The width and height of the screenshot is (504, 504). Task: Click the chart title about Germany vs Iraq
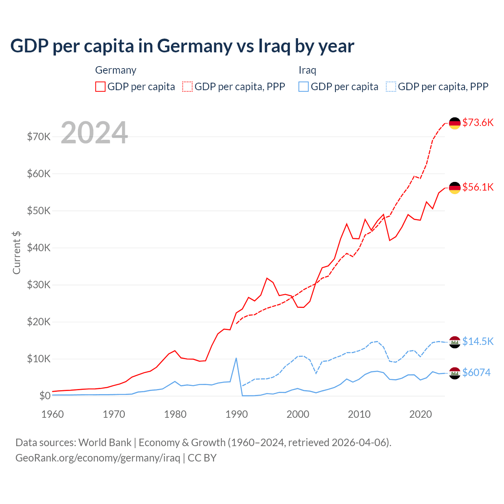(x=182, y=46)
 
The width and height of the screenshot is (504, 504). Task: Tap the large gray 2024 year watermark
(x=94, y=133)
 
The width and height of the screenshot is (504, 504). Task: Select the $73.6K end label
(x=478, y=122)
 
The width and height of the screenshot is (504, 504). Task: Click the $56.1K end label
(x=478, y=187)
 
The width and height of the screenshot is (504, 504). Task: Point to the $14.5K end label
(x=478, y=341)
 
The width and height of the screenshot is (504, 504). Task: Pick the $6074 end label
(x=476, y=372)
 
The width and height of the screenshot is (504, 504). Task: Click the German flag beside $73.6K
(x=455, y=123)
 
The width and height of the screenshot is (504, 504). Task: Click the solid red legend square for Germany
(x=100, y=87)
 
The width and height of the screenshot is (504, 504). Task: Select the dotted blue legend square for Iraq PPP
(x=391, y=87)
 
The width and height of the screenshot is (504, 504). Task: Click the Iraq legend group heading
(x=307, y=70)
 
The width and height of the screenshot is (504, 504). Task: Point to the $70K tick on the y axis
(x=39, y=137)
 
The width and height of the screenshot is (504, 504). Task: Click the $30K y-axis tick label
(x=39, y=285)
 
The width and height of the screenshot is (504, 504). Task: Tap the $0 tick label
(x=44, y=396)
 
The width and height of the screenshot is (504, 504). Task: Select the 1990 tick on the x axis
(x=237, y=414)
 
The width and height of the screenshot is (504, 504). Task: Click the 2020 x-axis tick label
(x=421, y=414)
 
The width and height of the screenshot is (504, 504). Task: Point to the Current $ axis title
(x=17, y=252)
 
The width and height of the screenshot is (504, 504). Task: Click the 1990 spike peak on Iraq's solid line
(x=236, y=358)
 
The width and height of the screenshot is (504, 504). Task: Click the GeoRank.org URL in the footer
(x=98, y=458)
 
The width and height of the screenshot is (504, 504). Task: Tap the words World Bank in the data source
(x=105, y=443)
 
